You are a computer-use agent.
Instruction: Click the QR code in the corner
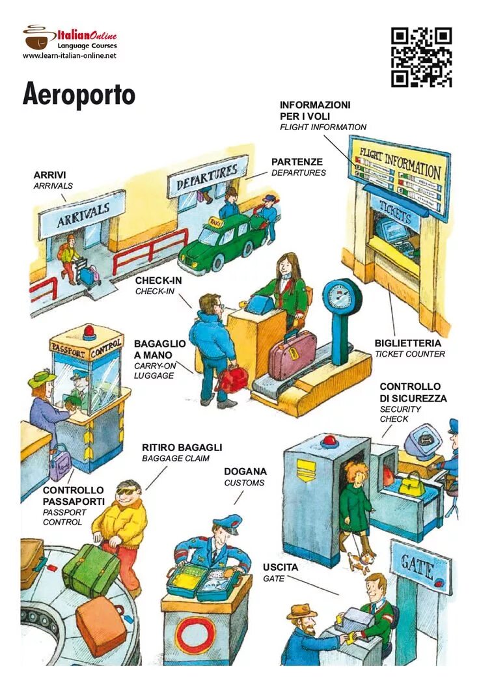(421, 57)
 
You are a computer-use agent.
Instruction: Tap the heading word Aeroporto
(79, 95)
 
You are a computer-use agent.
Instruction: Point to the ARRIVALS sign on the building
(82, 214)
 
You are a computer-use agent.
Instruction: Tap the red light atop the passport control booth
(89, 333)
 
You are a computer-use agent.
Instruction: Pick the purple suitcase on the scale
(292, 356)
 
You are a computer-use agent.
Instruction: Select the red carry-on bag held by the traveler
(232, 379)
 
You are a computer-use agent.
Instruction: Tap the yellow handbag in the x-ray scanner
(411, 484)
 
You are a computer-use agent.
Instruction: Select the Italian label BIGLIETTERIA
(407, 343)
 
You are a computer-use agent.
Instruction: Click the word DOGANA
(245, 471)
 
